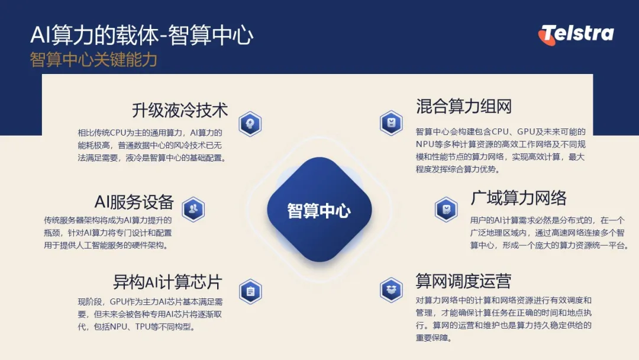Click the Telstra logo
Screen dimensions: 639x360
[x=576, y=34]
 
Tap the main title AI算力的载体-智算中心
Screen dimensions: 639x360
[x=142, y=35]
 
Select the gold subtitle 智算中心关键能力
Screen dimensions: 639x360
[x=93, y=60]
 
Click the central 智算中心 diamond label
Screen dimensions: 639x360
[x=319, y=210]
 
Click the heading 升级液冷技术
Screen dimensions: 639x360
[x=180, y=110]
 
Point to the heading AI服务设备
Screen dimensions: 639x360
[x=134, y=202]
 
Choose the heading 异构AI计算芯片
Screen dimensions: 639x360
[x=167, y=282]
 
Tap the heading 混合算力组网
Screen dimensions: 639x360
[x=464, y=107]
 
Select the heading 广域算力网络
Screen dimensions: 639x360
[x=518, y=198]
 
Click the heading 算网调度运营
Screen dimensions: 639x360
[x=463, y=281]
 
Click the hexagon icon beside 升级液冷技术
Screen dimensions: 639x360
[x=250, y=124]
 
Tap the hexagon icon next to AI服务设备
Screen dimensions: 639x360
[x=193, y=209]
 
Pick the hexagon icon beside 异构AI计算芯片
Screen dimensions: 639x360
[x=250, y=291]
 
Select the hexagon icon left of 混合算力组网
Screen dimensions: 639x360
[x=391, y=123]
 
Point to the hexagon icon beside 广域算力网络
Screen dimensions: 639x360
[x=446, y=209]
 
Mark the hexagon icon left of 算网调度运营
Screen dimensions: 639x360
[x=391, y=290]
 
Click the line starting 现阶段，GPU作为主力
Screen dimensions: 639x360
[x=150, y=302]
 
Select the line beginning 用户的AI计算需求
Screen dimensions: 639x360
[x=547, y=221]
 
